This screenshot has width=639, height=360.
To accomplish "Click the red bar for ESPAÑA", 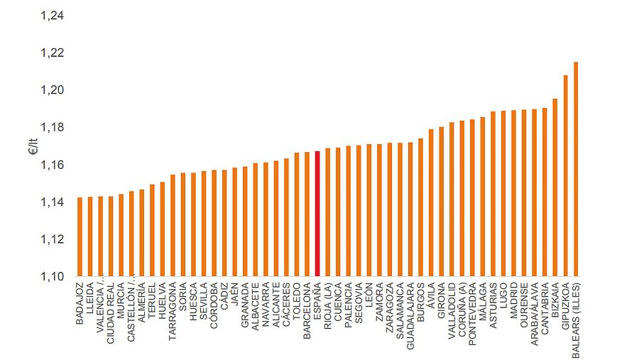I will (317, 214).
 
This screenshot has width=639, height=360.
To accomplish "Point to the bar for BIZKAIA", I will (555, 187).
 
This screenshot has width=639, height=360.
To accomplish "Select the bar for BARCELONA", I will (307, 214).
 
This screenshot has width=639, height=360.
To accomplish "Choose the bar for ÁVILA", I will (431, 202).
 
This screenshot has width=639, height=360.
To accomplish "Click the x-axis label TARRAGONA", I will (173, 312).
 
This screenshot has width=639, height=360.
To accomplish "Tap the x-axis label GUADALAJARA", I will (410, 317).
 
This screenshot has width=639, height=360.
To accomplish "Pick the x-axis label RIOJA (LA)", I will (327, 308).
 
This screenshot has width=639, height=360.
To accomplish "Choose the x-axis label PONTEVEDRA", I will (472, 315).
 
